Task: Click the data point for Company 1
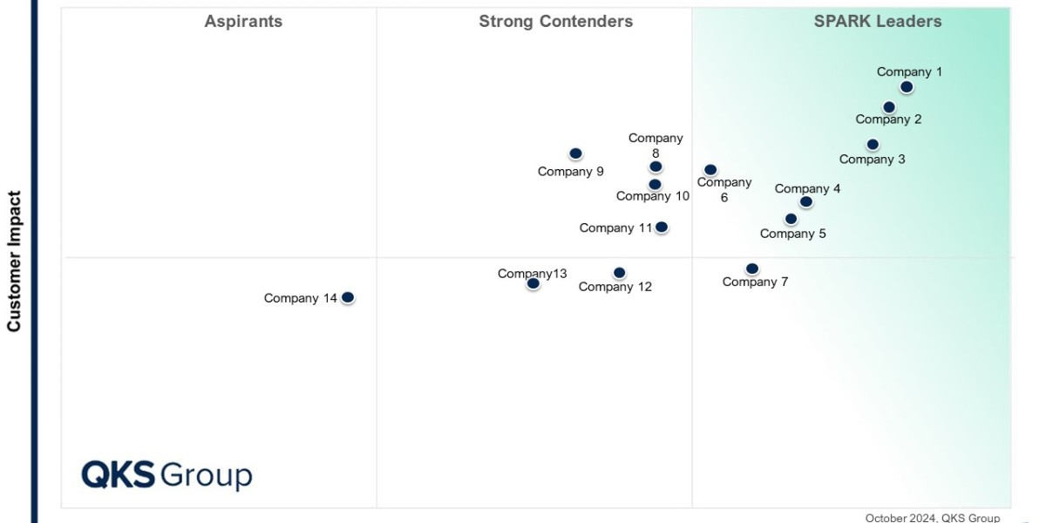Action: [x=907, y=87]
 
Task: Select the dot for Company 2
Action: [x=889, y=107]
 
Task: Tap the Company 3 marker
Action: [x=873, y=145]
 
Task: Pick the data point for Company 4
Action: [x=806, y=202]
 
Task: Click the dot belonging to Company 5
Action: [x=791, y=219]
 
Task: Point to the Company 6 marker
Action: [x=710, y=170]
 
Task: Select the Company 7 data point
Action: [x=752, y=269]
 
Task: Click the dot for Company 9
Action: [x=575, y=154]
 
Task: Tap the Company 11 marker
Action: [x=662, y=228]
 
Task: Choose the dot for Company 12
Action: [x=619, y=273]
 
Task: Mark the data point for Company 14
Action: [x=348, y=297]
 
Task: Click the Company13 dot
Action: [x=533, y=283]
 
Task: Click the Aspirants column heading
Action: [x=243, y=22]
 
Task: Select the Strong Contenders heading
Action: [x=556, y=22]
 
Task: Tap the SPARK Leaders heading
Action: [x=878, y=22]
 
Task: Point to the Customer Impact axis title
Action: [x=14, y=261]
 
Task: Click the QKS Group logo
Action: [x=166, y=475]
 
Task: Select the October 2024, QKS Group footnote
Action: [x=933, y=518]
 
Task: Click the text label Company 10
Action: [x=653, y=196]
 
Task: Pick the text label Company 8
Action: [x=655, y=145]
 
